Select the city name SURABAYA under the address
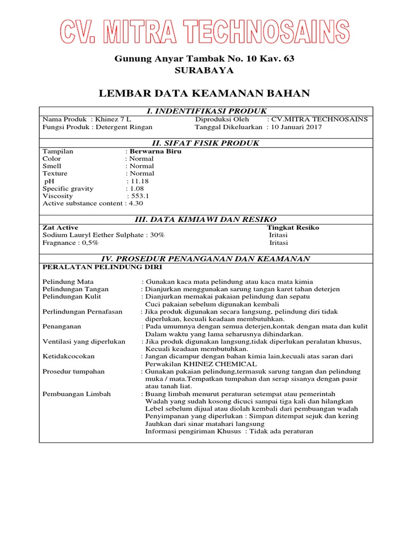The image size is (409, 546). click(204, 70)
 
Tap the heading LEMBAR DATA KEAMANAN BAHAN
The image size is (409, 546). click(204, 94)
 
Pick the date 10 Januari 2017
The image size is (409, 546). click(296, 127)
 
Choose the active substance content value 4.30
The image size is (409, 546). click(136, 203)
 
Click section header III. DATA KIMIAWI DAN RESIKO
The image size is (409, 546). click(206, 220)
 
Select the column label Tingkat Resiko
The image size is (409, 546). click(293, 227)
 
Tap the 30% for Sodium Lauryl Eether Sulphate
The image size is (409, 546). click(157, 235)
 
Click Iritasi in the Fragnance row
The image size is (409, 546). click(279, 243)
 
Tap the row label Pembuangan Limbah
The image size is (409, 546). click(76, 394)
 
